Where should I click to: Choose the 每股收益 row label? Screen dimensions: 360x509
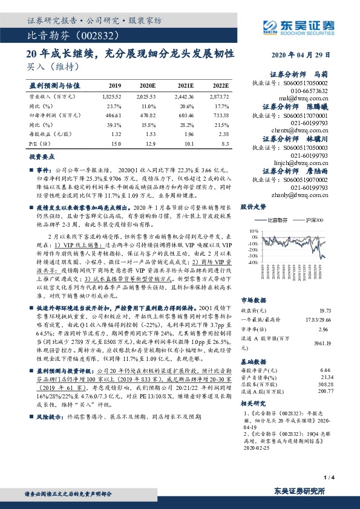pyautogui.click(x=47, y=134)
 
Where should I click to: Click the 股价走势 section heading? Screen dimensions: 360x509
pyautogui.click(x=253, y=207)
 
